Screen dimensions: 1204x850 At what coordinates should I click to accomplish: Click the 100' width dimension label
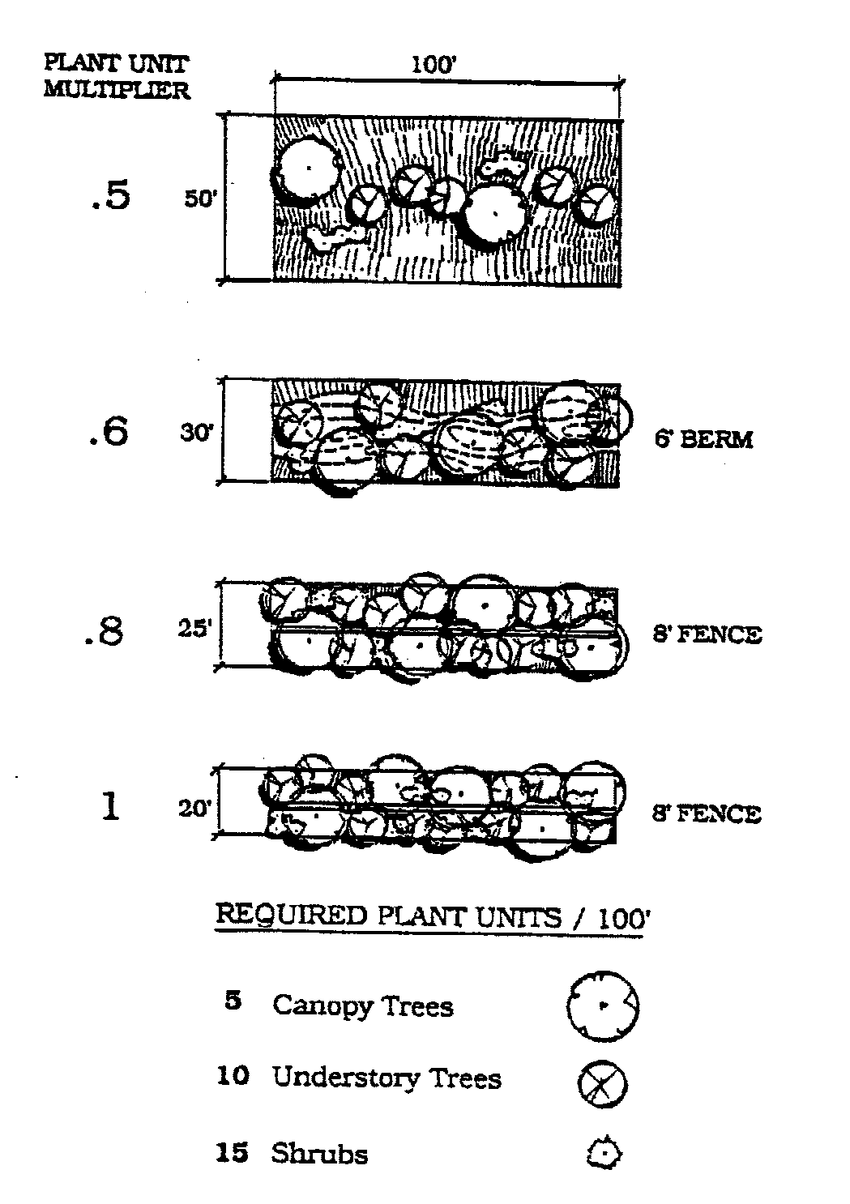(x=435, y=65)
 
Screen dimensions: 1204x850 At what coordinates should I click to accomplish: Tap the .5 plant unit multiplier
(x=109, y=196)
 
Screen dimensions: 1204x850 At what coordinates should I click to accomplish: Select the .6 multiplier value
(x=108, y=431)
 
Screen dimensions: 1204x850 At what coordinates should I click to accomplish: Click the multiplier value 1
(x=110, y=807)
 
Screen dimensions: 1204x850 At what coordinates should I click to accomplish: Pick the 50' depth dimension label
(x=199, y=199)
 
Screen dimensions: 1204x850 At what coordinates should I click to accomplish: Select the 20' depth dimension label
(x=194, y=809)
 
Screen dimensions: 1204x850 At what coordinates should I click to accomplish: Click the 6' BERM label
(x=703, y=440)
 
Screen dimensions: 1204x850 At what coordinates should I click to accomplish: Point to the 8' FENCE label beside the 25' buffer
(x=707, y=634)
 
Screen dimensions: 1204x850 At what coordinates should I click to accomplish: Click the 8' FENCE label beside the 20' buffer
(x=707, y=813)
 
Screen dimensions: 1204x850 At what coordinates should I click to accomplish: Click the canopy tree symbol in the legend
(x=603, y=1005)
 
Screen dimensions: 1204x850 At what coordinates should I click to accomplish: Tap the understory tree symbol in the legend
(x=603, y=1083)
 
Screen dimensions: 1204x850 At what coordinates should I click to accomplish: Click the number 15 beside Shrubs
(x=232, y=1153)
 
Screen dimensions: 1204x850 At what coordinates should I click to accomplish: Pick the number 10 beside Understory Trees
(x=232, y=1077)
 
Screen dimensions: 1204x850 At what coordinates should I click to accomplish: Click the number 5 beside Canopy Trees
(x=233, y=1001)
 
